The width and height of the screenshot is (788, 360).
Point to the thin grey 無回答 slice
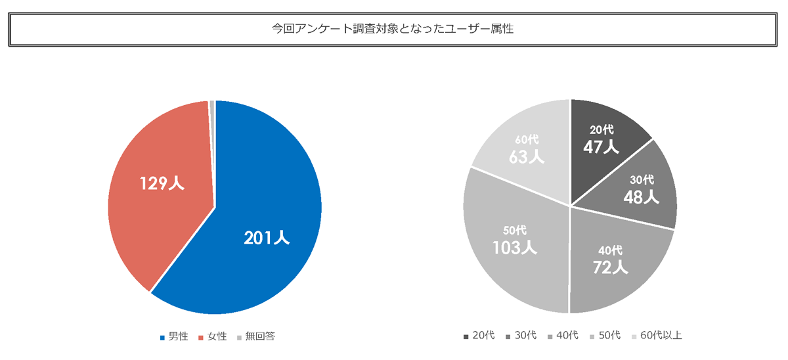(x=212, y=112)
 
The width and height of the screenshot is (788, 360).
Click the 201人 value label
(x=267, y=238)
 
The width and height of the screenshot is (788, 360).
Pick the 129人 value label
(x=162, y=183)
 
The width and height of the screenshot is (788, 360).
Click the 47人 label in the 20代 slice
(x=601, y=146)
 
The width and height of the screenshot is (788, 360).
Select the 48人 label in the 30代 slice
(x=641, y=196)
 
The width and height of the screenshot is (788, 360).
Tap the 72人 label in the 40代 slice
(x=610, y=267)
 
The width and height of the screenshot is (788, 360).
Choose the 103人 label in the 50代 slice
(x=515, y=247)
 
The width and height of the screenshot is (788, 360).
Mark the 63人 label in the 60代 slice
(x=527, y=157)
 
